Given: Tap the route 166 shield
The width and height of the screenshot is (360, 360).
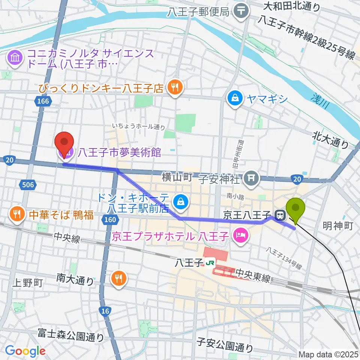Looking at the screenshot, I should (x=43, y=101).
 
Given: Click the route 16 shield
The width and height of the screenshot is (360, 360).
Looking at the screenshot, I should (x=105, y=311).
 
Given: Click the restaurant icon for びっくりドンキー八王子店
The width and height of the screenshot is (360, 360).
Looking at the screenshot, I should (x=174, y=88).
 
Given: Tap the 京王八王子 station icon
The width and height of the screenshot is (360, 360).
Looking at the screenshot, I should (x=279, y=215).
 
